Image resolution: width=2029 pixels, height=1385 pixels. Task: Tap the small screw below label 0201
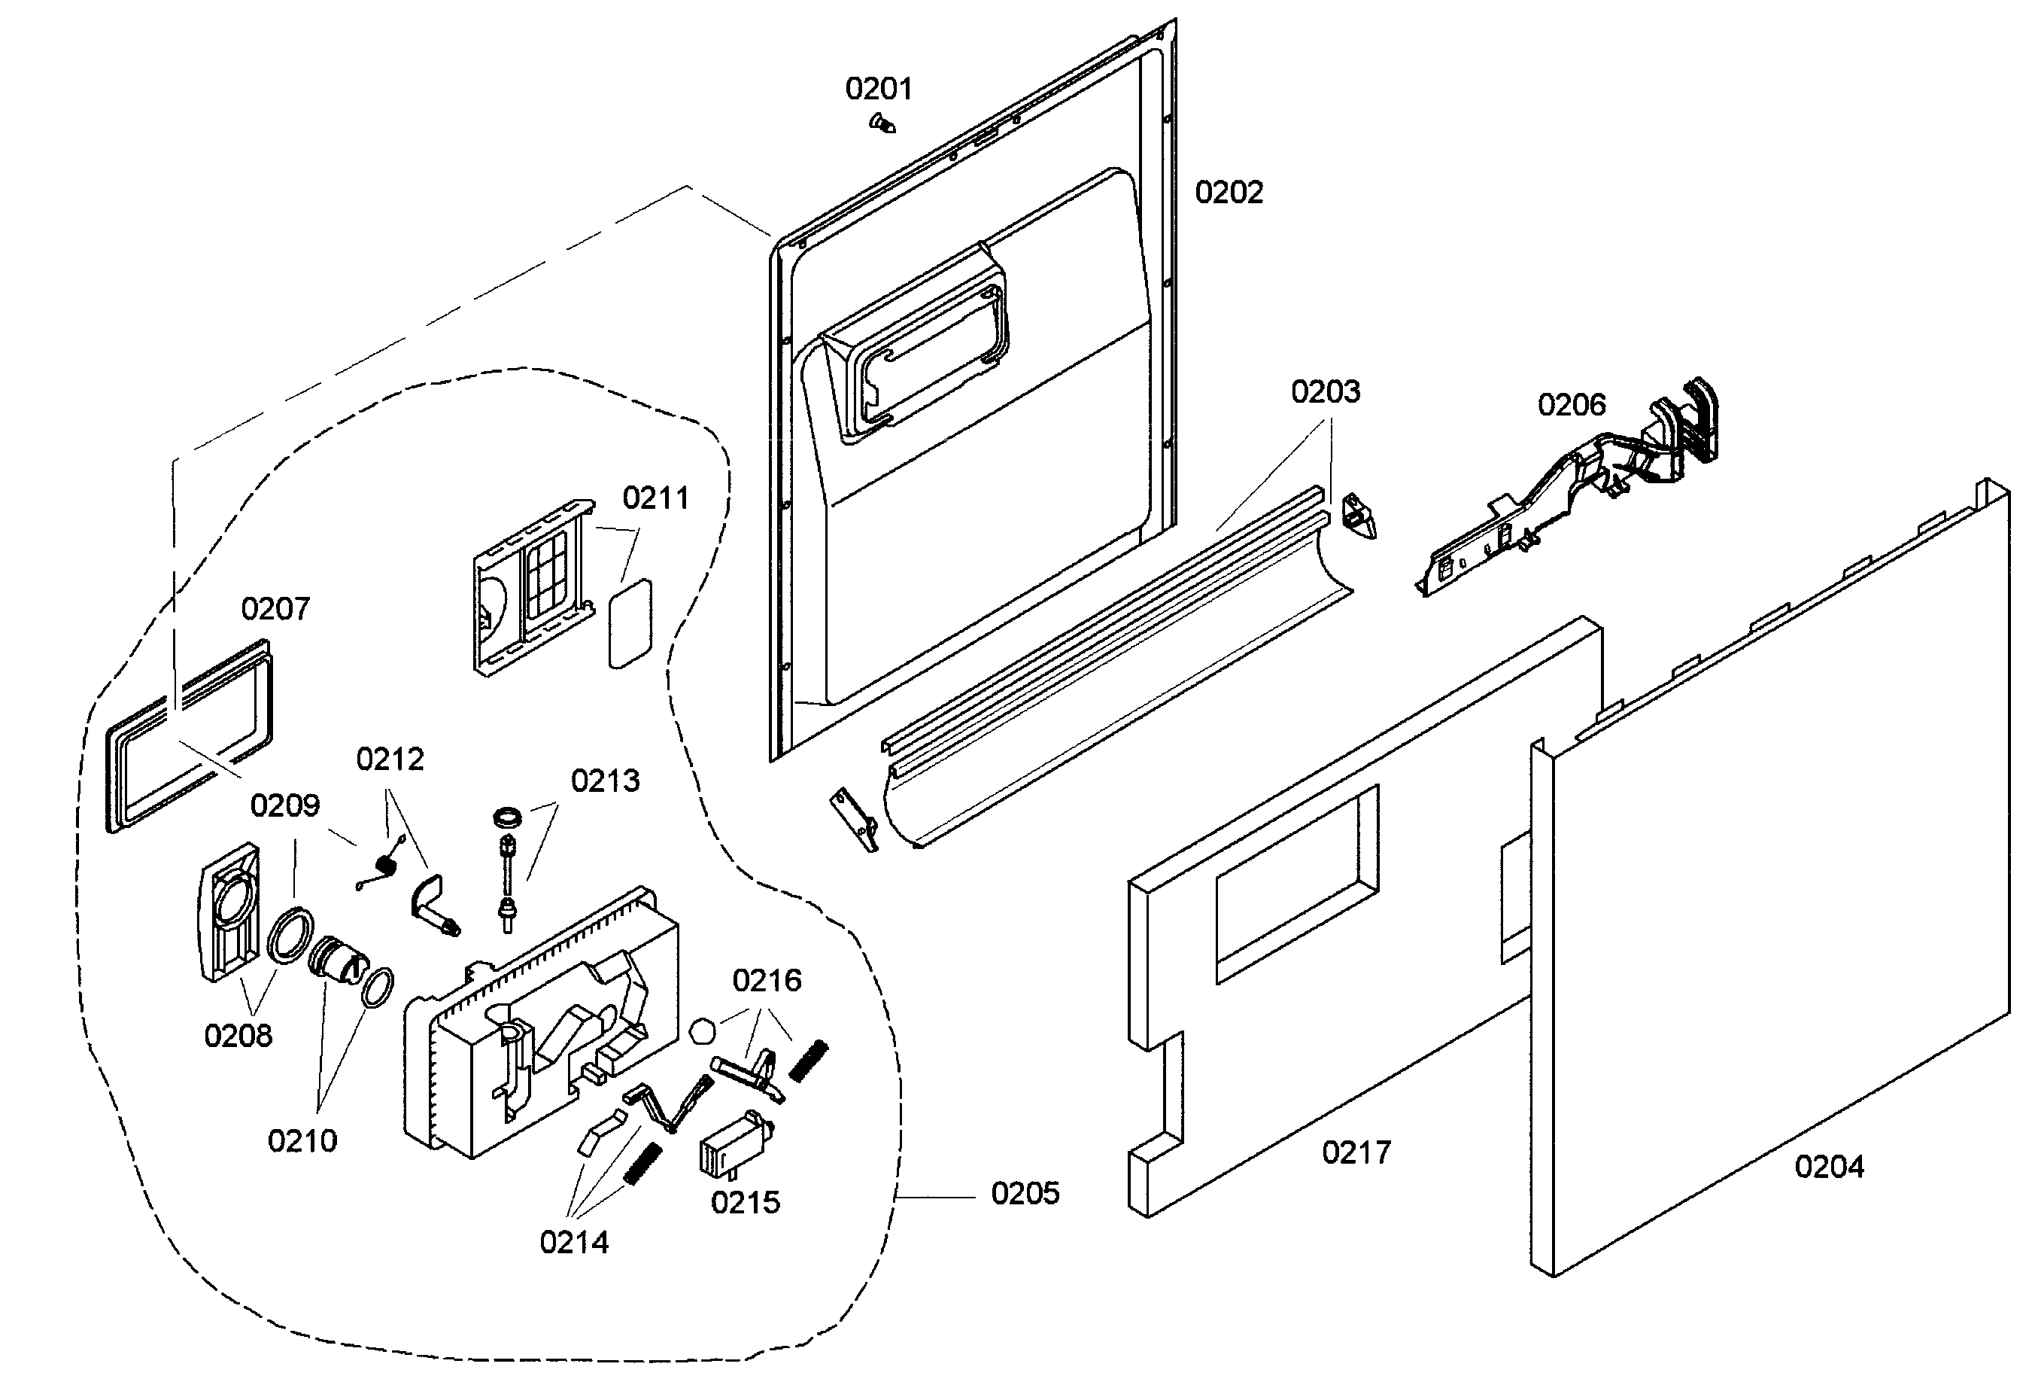coord(882,123)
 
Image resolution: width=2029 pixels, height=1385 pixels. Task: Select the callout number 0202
coord(1229,192)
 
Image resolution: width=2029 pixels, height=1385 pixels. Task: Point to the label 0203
coord(1326,391)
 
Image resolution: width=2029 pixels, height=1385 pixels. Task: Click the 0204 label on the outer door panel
coord(1829,1167)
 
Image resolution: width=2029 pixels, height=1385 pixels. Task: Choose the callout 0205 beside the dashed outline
coord(1025,1193)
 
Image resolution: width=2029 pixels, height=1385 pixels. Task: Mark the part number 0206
coord(1572,404)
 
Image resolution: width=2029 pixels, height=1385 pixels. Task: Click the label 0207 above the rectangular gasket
coord(275,609)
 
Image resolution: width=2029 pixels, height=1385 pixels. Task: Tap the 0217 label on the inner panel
coord(1356,1152)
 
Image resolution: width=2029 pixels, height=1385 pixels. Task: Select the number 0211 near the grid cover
coord(656,498)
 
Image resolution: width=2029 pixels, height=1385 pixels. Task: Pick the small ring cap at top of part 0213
coord(507,817)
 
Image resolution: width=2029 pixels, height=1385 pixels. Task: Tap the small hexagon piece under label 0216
coord(702,1031)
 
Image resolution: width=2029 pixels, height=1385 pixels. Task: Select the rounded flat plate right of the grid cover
coord(630,623)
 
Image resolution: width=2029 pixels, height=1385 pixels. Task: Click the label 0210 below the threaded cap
coord(302,1140)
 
